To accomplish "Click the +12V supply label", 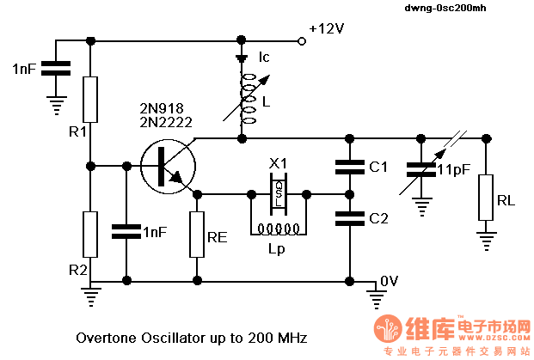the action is click(326, 28).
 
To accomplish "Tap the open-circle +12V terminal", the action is click(302, 41).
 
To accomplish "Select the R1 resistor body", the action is click(90, 100).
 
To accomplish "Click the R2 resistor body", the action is click(90, 235).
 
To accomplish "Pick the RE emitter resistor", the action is click(197, 235).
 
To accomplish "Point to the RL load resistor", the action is click(486, 198).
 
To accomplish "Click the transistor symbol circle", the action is click(168, 167).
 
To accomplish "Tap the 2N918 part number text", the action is click(162, 108).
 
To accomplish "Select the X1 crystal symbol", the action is click(279, 194).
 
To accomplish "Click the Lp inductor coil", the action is click(279, 229).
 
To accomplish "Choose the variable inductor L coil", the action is click(248, 99).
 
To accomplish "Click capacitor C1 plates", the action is click(350, 167).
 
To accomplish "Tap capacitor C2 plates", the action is click(350, 218).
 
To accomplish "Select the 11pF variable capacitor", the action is click(421, 170).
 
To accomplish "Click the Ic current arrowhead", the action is click(242, 59).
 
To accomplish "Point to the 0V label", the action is click(389, 281).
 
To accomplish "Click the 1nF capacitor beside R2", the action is click(126, 231).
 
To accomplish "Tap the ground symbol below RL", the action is click(486, 241).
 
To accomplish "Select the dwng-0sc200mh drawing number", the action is click(445, 8).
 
